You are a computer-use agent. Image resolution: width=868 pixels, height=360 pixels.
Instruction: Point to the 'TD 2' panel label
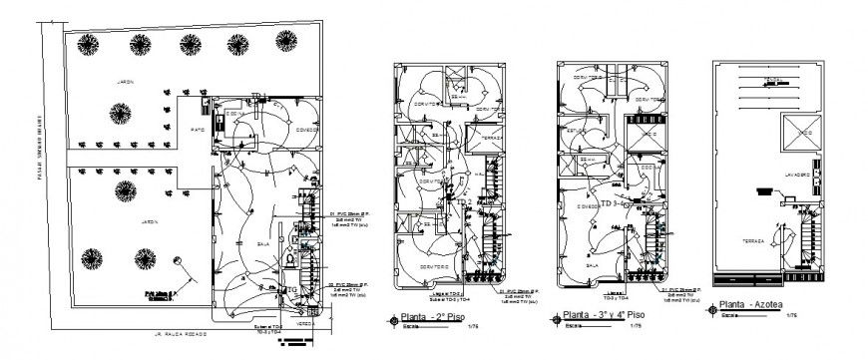pyautogui.click(x=462, y=200)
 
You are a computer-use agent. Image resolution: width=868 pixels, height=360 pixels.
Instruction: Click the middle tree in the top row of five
pyautogui.click(x=189, y=43)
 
